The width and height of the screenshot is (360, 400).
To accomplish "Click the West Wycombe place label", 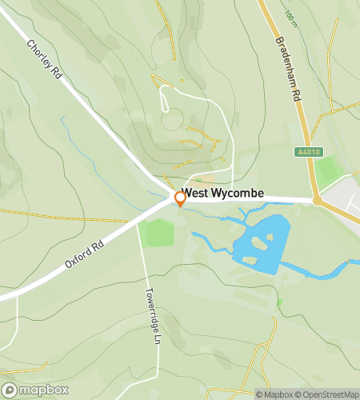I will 223,194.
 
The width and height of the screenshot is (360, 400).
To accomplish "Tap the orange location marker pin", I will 180,199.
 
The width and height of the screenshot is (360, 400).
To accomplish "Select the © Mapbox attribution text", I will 275,394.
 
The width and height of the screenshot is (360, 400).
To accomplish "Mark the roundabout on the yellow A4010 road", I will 317,200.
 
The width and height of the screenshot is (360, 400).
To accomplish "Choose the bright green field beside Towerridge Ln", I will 158,234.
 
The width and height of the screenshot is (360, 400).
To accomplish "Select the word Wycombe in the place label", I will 238,194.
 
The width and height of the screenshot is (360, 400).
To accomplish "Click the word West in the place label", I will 195,194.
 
